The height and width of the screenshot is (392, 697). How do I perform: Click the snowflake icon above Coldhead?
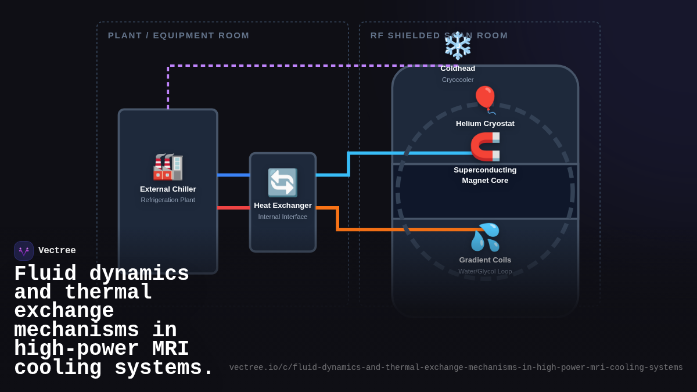(x=458, y=46)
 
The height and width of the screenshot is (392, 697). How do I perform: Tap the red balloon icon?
(x=485, y=99)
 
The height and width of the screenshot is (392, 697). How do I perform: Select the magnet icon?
(x=485, y=146)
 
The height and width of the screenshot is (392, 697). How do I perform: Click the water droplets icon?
(x=485, y=237)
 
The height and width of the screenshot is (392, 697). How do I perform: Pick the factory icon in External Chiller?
(x=168, y=167)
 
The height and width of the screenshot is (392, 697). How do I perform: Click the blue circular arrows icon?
(x=283, y=183)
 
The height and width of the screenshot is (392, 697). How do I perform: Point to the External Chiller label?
(x=168, y=189)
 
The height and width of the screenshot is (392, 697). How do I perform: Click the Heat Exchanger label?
(x=283, y=206)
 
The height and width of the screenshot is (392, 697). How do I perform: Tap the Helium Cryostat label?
(x=485, y=124)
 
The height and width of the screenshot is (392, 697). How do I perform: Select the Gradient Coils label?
(x=485, y=260)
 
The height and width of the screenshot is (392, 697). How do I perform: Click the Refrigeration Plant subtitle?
(x=168, y=200)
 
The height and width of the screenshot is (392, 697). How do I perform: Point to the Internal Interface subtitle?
(x=283, y=217)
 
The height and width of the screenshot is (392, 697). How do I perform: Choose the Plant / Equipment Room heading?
(x=178, y=35)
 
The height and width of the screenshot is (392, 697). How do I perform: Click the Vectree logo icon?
(x=24, y=251)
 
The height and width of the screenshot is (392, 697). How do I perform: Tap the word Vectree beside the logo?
(x=57, y=251)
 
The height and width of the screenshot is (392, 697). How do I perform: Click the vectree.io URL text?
(x=456, y=368)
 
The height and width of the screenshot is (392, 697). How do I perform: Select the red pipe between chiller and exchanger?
(x=233, y=207)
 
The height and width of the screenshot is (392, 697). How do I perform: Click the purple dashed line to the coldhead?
(x=290, y=66)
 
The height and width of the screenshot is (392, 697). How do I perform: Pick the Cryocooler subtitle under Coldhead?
(x=458, y=80)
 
